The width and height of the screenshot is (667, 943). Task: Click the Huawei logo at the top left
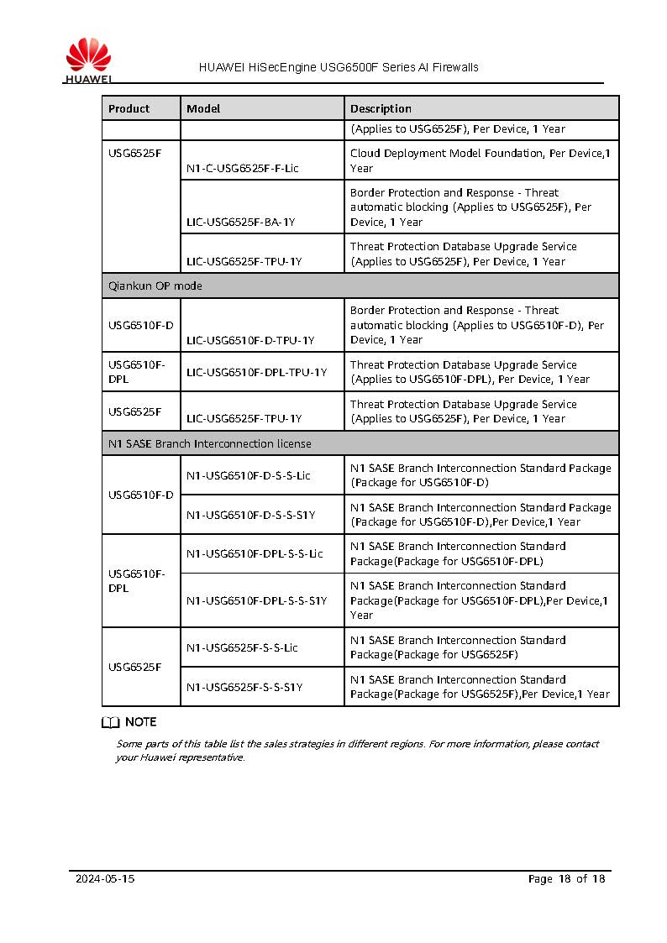coord(88,63)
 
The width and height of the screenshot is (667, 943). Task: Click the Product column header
coord(129,108)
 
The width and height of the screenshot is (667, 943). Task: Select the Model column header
coord(204,108)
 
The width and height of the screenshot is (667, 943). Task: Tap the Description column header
coord(381,108)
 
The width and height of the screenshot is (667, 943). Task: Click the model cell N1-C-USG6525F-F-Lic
coord(243,168)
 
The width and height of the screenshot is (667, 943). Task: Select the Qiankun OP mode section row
coord(155,286)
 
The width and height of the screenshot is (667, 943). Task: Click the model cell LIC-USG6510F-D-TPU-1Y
coord(250,340)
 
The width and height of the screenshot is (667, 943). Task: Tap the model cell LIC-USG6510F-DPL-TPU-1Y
coord(257,372)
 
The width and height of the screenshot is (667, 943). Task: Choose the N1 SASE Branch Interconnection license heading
coord(209,443)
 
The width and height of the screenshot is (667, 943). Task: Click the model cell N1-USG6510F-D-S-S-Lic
coord(249,475)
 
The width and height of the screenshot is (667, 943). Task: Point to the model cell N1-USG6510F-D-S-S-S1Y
coord(251,515)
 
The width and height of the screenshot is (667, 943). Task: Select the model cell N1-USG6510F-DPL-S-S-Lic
coord(255,553)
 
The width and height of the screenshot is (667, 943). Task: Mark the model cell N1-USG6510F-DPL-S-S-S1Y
coord(257,600)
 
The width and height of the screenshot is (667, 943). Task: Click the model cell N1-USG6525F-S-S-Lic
coord(243,647)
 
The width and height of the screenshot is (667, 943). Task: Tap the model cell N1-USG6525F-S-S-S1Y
coord(244,687)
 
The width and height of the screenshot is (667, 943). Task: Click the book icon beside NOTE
coord(111,722)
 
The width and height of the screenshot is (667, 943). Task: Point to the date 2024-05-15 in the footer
coord(105,879)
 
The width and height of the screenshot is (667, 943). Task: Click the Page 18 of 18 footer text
coord(566,879)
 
